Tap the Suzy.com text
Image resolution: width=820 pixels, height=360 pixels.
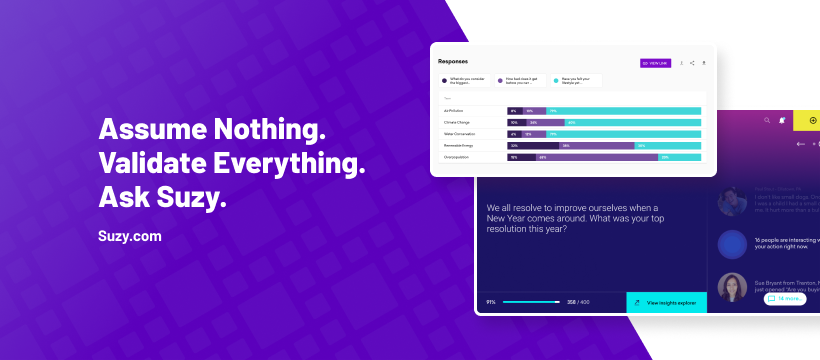[x=130, y=238]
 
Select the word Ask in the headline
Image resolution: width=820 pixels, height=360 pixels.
[x=122, y=198]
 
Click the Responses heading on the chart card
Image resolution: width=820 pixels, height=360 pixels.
[x=453, y=62]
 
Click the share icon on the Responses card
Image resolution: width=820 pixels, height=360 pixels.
[x=692, y=63]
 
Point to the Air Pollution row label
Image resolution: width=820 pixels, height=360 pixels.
[x=455, y=110]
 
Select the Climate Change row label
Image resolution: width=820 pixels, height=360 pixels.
[x=457, y=122]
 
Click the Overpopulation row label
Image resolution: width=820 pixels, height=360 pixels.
[x=458, y=157]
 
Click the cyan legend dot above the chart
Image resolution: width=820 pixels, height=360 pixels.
[x=556, y=81]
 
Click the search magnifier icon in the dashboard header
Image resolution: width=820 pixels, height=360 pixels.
[x=768, y=121]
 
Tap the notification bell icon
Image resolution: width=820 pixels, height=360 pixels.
[x=783, y=121]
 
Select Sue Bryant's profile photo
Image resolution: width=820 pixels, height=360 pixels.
[x=733, y=288]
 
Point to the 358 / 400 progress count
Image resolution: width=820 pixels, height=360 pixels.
[x=578, y=301]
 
